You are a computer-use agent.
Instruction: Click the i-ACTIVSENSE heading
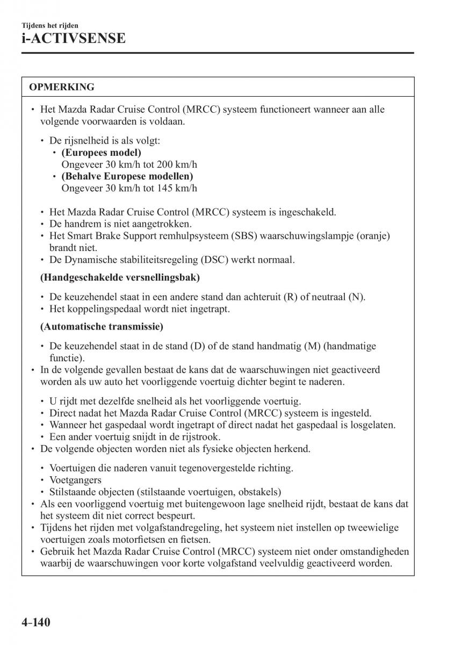[74, 38]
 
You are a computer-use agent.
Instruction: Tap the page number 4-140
[36, 623]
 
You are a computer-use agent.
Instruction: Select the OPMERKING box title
[61, 87]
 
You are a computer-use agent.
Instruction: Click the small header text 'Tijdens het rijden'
[49, 25]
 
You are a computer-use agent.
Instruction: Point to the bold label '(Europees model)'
[102, 153]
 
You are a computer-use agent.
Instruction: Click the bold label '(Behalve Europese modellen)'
[127, 176]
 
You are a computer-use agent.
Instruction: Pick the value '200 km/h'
[179, 164]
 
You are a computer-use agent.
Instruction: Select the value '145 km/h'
[179, 188]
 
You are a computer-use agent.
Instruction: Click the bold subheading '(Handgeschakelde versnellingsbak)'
[120, 277]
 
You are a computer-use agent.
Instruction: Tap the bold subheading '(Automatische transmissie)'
[102, 326]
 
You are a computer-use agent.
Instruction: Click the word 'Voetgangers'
[75, 480]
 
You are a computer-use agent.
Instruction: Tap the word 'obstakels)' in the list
[260, 492]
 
